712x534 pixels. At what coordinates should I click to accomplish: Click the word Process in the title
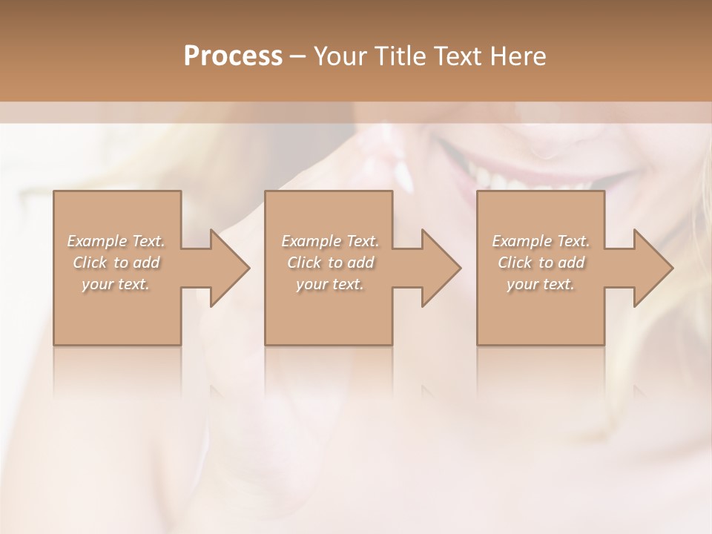pos(233,56)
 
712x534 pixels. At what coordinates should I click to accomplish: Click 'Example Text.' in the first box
pos(116,241)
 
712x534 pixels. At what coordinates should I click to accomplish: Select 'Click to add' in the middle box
pos(330,263)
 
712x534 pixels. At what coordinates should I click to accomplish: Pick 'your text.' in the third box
pos(541,284)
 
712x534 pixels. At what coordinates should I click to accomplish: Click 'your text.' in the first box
pos(116,284)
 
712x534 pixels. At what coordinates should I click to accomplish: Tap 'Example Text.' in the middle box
pos(330,241)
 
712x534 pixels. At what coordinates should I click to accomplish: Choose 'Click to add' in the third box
pos(541,263)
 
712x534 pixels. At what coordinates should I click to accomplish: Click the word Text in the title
pos(457,56)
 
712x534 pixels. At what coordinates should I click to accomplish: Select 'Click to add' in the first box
pos(116,263)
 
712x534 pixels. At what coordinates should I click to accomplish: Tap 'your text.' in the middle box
pos(330,284)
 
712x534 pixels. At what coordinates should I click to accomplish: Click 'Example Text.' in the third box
pos(541,241)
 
